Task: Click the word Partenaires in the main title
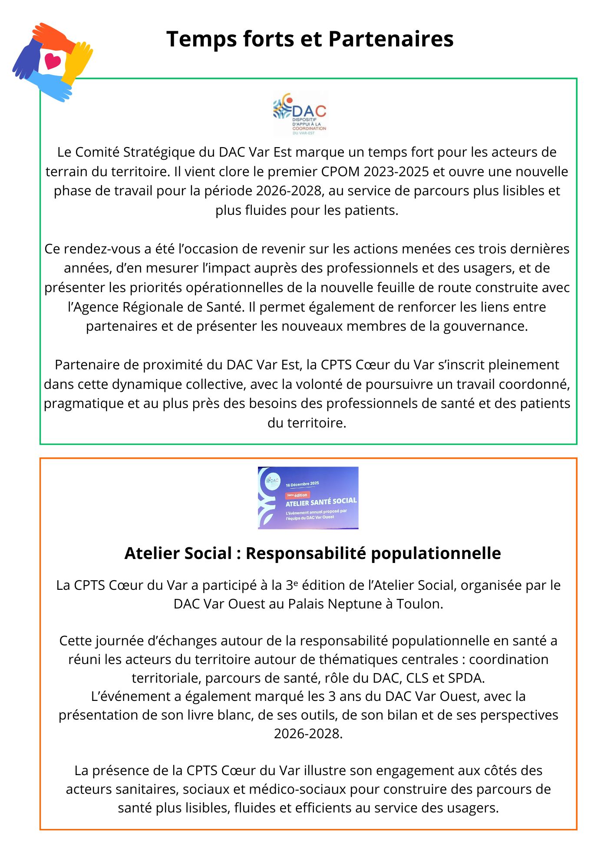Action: [391, 39]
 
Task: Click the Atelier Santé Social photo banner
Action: [308, 498]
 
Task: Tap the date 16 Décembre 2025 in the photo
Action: [302, 484]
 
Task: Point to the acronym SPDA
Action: [465, 677]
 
